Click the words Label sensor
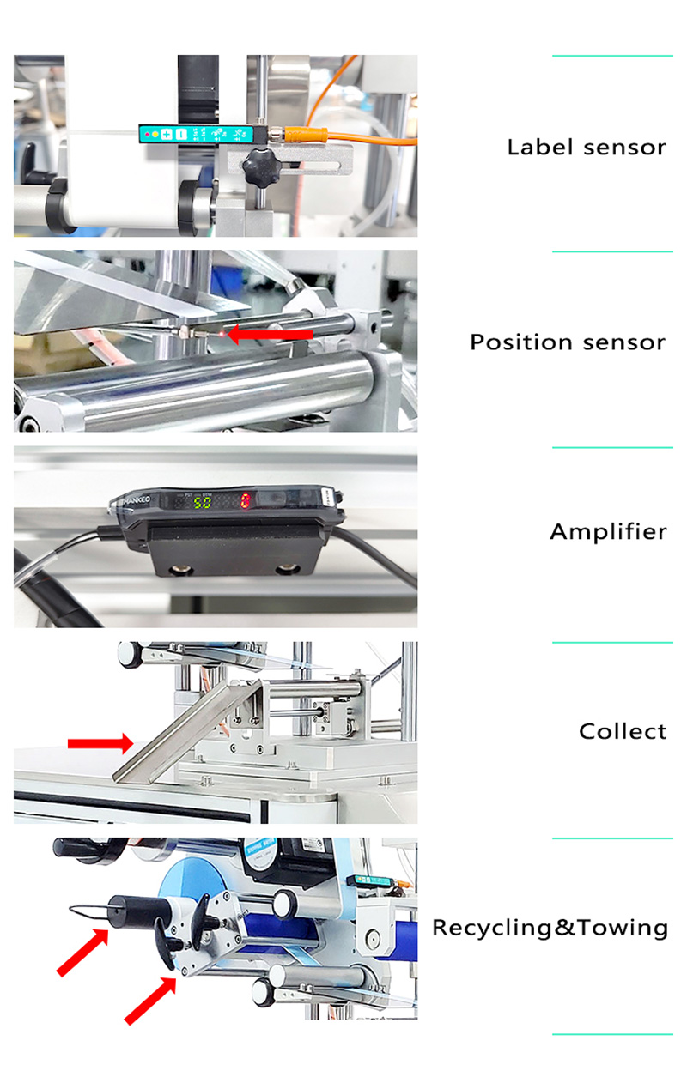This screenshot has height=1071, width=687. [587, 147]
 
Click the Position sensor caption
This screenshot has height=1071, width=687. [567, 342]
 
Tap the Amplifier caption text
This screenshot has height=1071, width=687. [608, 532]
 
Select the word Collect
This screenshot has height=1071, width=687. [623, 731]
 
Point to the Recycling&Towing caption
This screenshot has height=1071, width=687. [550, 928]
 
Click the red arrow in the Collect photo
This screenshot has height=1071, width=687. [100, 741]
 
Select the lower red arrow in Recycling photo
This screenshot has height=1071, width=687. [151, 1000]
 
